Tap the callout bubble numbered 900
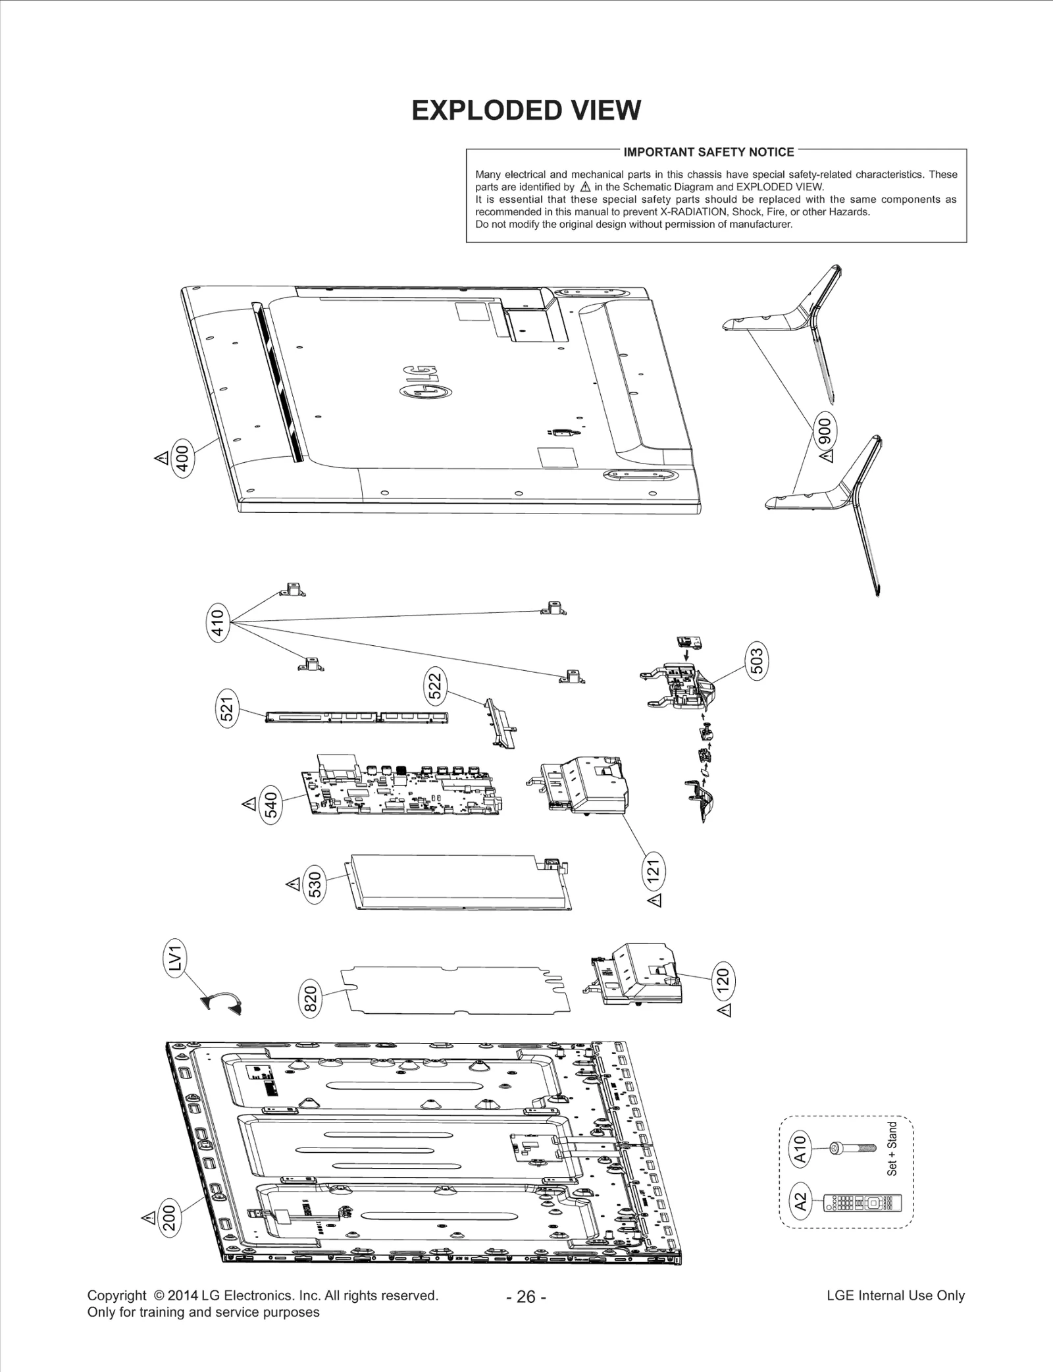pyautogui.click(x=825, y=432)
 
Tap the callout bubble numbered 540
pyautogui.click(x=271, y=805)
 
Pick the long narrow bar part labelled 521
pyautogui.click(x=356, y=716)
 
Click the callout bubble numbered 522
pyautogui.click(x=435, y=686)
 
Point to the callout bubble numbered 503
pyautogui.click(x=757, y=661)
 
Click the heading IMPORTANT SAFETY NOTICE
pyautogui.click(x=709, y=152)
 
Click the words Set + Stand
pyautogui.click(x=892, y=1149)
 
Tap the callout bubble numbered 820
pyautogui.click(x=311, y=999)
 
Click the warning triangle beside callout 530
pyautogui.click(x=293, y=884)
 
